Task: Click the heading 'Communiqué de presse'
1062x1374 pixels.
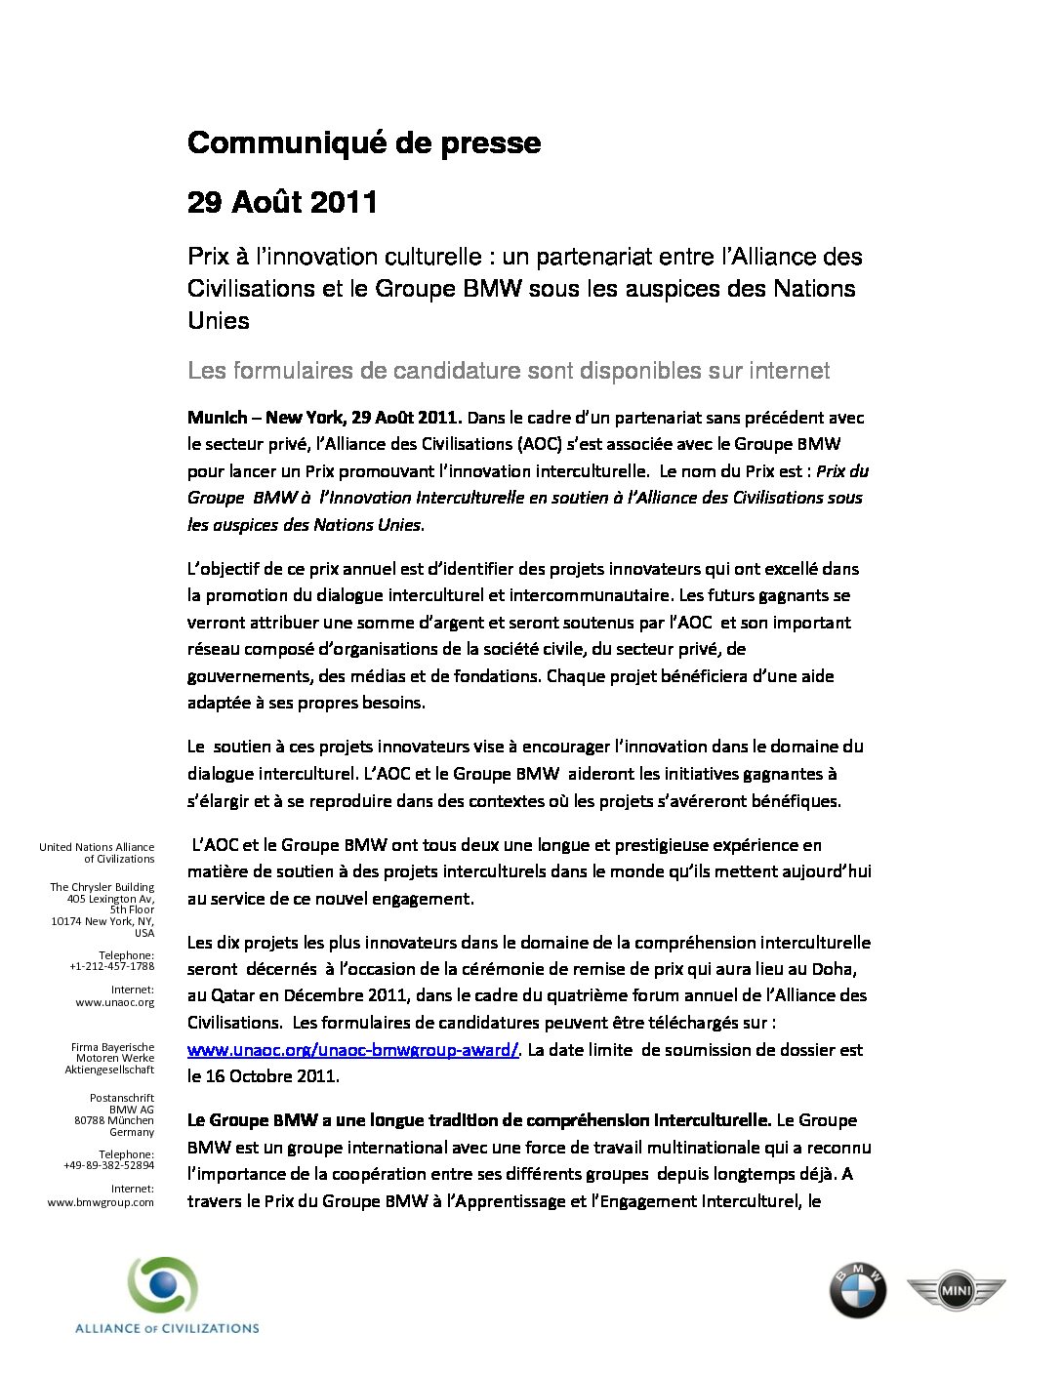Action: (x=363, y=143)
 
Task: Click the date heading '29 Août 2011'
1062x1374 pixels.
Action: (x=282, y=202)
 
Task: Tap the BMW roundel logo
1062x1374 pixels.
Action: (x=857, y=1290)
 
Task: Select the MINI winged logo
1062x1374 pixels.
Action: (x=956, y=1292)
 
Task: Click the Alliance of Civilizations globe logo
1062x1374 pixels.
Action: (x=163, y=1286)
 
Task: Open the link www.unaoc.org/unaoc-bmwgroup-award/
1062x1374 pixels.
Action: (x=352, y=1050)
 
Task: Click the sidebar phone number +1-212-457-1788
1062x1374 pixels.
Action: (x=112, y=966)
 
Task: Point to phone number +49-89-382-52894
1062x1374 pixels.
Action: (x=109, y=1166)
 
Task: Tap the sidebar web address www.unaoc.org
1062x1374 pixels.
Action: (x=115, y=1002)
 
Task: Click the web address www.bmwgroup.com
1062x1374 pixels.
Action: (x=102, y=1202)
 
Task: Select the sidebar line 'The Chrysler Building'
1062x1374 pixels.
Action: (x=102, y=887)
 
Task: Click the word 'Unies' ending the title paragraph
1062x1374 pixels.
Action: (x=219, y=321)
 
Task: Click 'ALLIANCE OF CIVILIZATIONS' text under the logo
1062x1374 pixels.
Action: (x=167, y=1328)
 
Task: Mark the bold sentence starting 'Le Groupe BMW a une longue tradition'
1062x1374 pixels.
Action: (x=478, y=1120)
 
